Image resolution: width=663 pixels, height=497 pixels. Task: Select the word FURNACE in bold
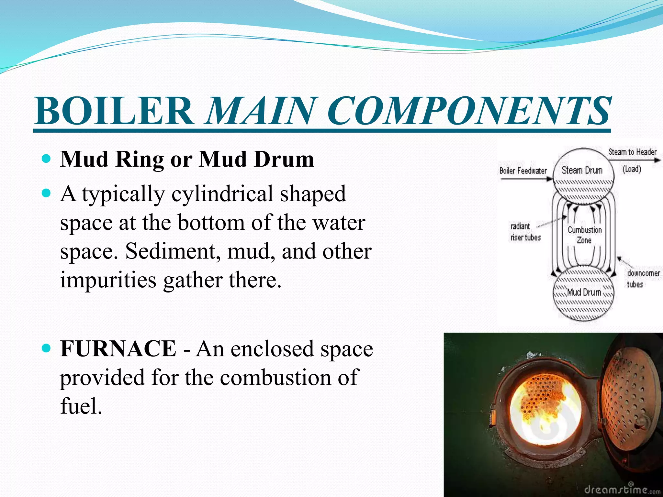[118, 349]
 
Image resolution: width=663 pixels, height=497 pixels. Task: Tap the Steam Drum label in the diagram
[582, 170]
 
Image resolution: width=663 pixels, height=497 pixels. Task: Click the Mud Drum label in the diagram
[584, 292]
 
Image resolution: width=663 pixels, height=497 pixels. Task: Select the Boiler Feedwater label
[523, 171]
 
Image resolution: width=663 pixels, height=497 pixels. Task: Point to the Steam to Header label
[632, 152]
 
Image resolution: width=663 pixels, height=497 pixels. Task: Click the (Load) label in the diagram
[632, 169]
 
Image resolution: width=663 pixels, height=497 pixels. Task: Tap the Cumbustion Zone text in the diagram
[584, 235]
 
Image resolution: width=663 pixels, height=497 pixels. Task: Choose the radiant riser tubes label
[525, 232]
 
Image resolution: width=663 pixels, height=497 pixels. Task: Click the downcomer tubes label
[643, 279]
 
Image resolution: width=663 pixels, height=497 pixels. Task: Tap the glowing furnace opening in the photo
[544, 411]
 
